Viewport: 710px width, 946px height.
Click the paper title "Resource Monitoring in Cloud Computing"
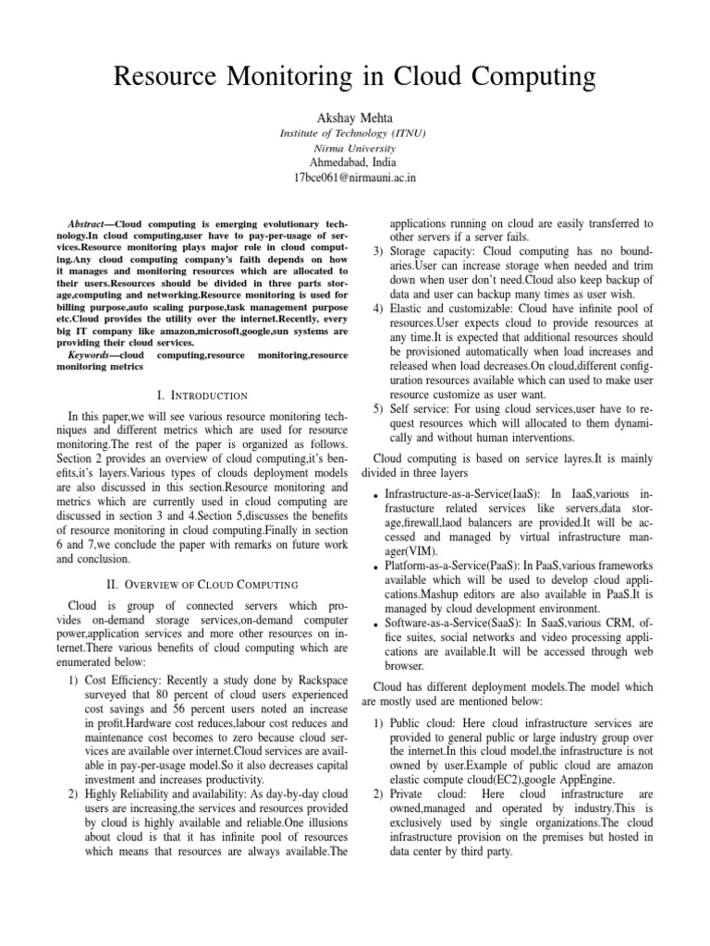354,80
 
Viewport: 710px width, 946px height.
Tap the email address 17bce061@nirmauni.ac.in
354,176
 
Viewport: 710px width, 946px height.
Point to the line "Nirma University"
354,147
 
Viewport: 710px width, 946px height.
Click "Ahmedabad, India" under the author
354,162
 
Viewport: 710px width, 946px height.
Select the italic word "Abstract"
91,224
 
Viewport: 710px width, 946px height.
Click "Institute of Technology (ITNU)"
354,133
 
